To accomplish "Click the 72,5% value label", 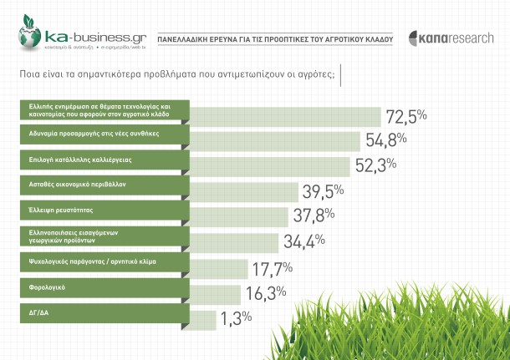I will (x=405, y=114).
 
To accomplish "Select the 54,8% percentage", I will (x=383, y=139).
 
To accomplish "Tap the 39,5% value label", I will (x=323, y=191).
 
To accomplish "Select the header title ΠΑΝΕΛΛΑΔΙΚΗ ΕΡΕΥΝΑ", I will (x=275, y=38).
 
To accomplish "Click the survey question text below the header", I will (x=176, y=74).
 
